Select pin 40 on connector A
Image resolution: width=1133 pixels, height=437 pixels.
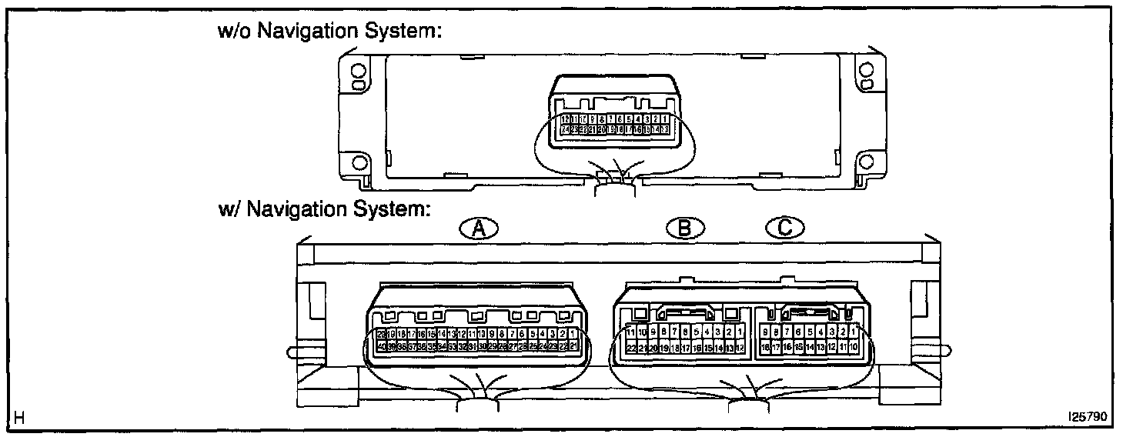click(x=381, y=347)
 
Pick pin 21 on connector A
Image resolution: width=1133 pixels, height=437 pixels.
click(x=573, y=347)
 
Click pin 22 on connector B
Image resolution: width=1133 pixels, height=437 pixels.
click(x=631, y=348)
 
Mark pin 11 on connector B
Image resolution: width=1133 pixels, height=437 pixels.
click(x=631, y=332)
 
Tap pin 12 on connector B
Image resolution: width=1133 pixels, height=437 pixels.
click(x=740, y=348)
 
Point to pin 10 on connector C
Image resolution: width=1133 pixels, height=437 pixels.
click(x=854, y=348)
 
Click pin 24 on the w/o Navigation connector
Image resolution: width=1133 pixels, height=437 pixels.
click(x=565, y=130)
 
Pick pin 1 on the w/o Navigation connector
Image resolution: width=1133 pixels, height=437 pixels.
click(x=664, y=119)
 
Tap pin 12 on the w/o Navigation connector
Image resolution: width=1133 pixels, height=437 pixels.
click(x=565, y=119)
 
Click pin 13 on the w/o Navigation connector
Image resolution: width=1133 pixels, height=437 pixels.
click(x=664, y=130)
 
